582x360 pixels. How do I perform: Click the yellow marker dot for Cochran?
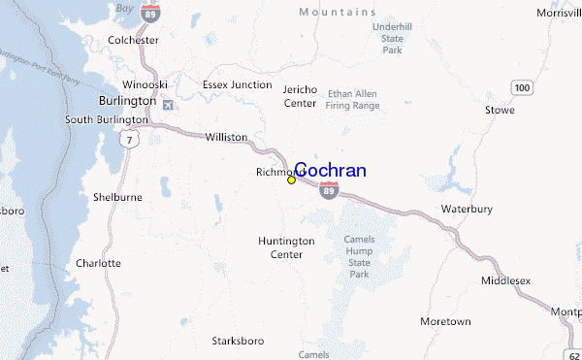[291, 180]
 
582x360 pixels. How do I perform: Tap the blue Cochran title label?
[330, 171]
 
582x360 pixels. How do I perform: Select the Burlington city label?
[127, 100]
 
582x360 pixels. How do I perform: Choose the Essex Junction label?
[237, 84]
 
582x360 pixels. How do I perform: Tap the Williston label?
[226, 137]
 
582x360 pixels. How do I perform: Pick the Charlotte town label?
[98, 263]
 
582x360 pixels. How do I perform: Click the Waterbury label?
[468, 209]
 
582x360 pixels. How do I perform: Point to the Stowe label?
[501, 110]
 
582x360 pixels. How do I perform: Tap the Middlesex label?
[505, 280]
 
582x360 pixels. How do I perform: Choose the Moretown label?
[445, 320]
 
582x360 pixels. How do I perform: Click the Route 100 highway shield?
[524, 87]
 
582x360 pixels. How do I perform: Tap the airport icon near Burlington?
[171, 104]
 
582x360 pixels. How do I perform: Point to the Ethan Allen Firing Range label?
[352, 99]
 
